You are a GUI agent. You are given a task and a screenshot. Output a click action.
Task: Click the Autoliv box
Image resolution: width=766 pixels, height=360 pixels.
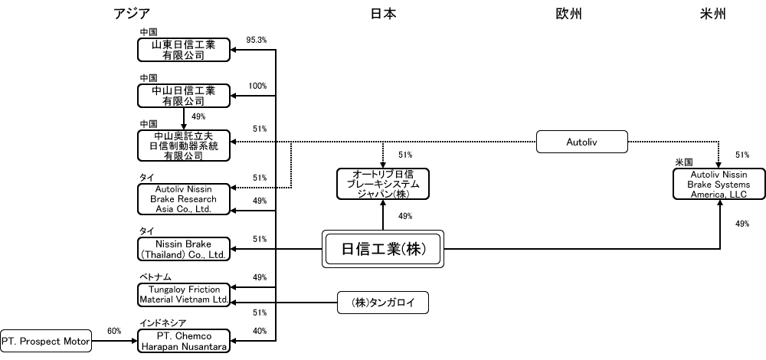pyautogui.click(x=582, y=142)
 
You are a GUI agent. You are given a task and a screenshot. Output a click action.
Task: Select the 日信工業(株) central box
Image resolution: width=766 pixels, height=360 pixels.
pyautogui.click(x=383, y=249)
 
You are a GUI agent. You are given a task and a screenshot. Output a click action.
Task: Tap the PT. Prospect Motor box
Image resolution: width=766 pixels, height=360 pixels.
pyautogui.click(x=46, y=342)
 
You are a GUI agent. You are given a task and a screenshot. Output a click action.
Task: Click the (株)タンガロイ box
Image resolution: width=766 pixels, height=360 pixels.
pyautogui.click(x=383, y=303)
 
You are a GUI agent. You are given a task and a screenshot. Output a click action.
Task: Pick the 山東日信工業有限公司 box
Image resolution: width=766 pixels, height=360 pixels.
pyautogui.click(x=184, y=50)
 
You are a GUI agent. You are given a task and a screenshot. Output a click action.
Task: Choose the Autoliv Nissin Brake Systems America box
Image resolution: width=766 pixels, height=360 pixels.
pyautogui.click(x=719, y=184)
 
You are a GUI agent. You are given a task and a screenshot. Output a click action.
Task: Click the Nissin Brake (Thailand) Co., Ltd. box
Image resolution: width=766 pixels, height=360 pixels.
pyautogui.click(x=184, y=249)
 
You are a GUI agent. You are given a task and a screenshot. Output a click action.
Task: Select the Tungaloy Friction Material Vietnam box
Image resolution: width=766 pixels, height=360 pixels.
pyautogui.click(x=184, y=295)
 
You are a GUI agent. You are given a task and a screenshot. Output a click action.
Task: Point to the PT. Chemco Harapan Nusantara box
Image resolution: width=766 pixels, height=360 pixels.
pyautogui.click(x=184, y=341)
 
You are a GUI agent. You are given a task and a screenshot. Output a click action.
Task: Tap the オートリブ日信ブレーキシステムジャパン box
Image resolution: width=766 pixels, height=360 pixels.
pyautogui.click(x=383, y=184)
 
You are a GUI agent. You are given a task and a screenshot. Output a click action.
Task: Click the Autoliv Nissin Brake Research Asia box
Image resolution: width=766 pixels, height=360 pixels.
pyautogui.click(x=184, y=199)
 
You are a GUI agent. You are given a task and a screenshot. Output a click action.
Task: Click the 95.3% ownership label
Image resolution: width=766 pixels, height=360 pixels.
pyautogui.click(x=257, y=40)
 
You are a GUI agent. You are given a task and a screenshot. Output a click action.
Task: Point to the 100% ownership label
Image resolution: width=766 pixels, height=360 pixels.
pyautogui.click(x=257, y=86)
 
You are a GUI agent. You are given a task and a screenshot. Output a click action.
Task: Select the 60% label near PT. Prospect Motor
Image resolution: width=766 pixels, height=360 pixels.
pyautogui.click(x=114, y=331)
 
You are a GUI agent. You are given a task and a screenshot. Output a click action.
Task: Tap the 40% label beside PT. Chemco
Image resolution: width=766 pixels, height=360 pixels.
pyautogui.click(x=260, y=331)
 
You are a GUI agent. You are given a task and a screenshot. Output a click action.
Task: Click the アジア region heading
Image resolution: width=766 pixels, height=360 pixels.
pyautogui.click(x=132, y=14)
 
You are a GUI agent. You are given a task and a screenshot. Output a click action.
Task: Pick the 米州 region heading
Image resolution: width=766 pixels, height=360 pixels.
pyautogui.click(x=712, y=14)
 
